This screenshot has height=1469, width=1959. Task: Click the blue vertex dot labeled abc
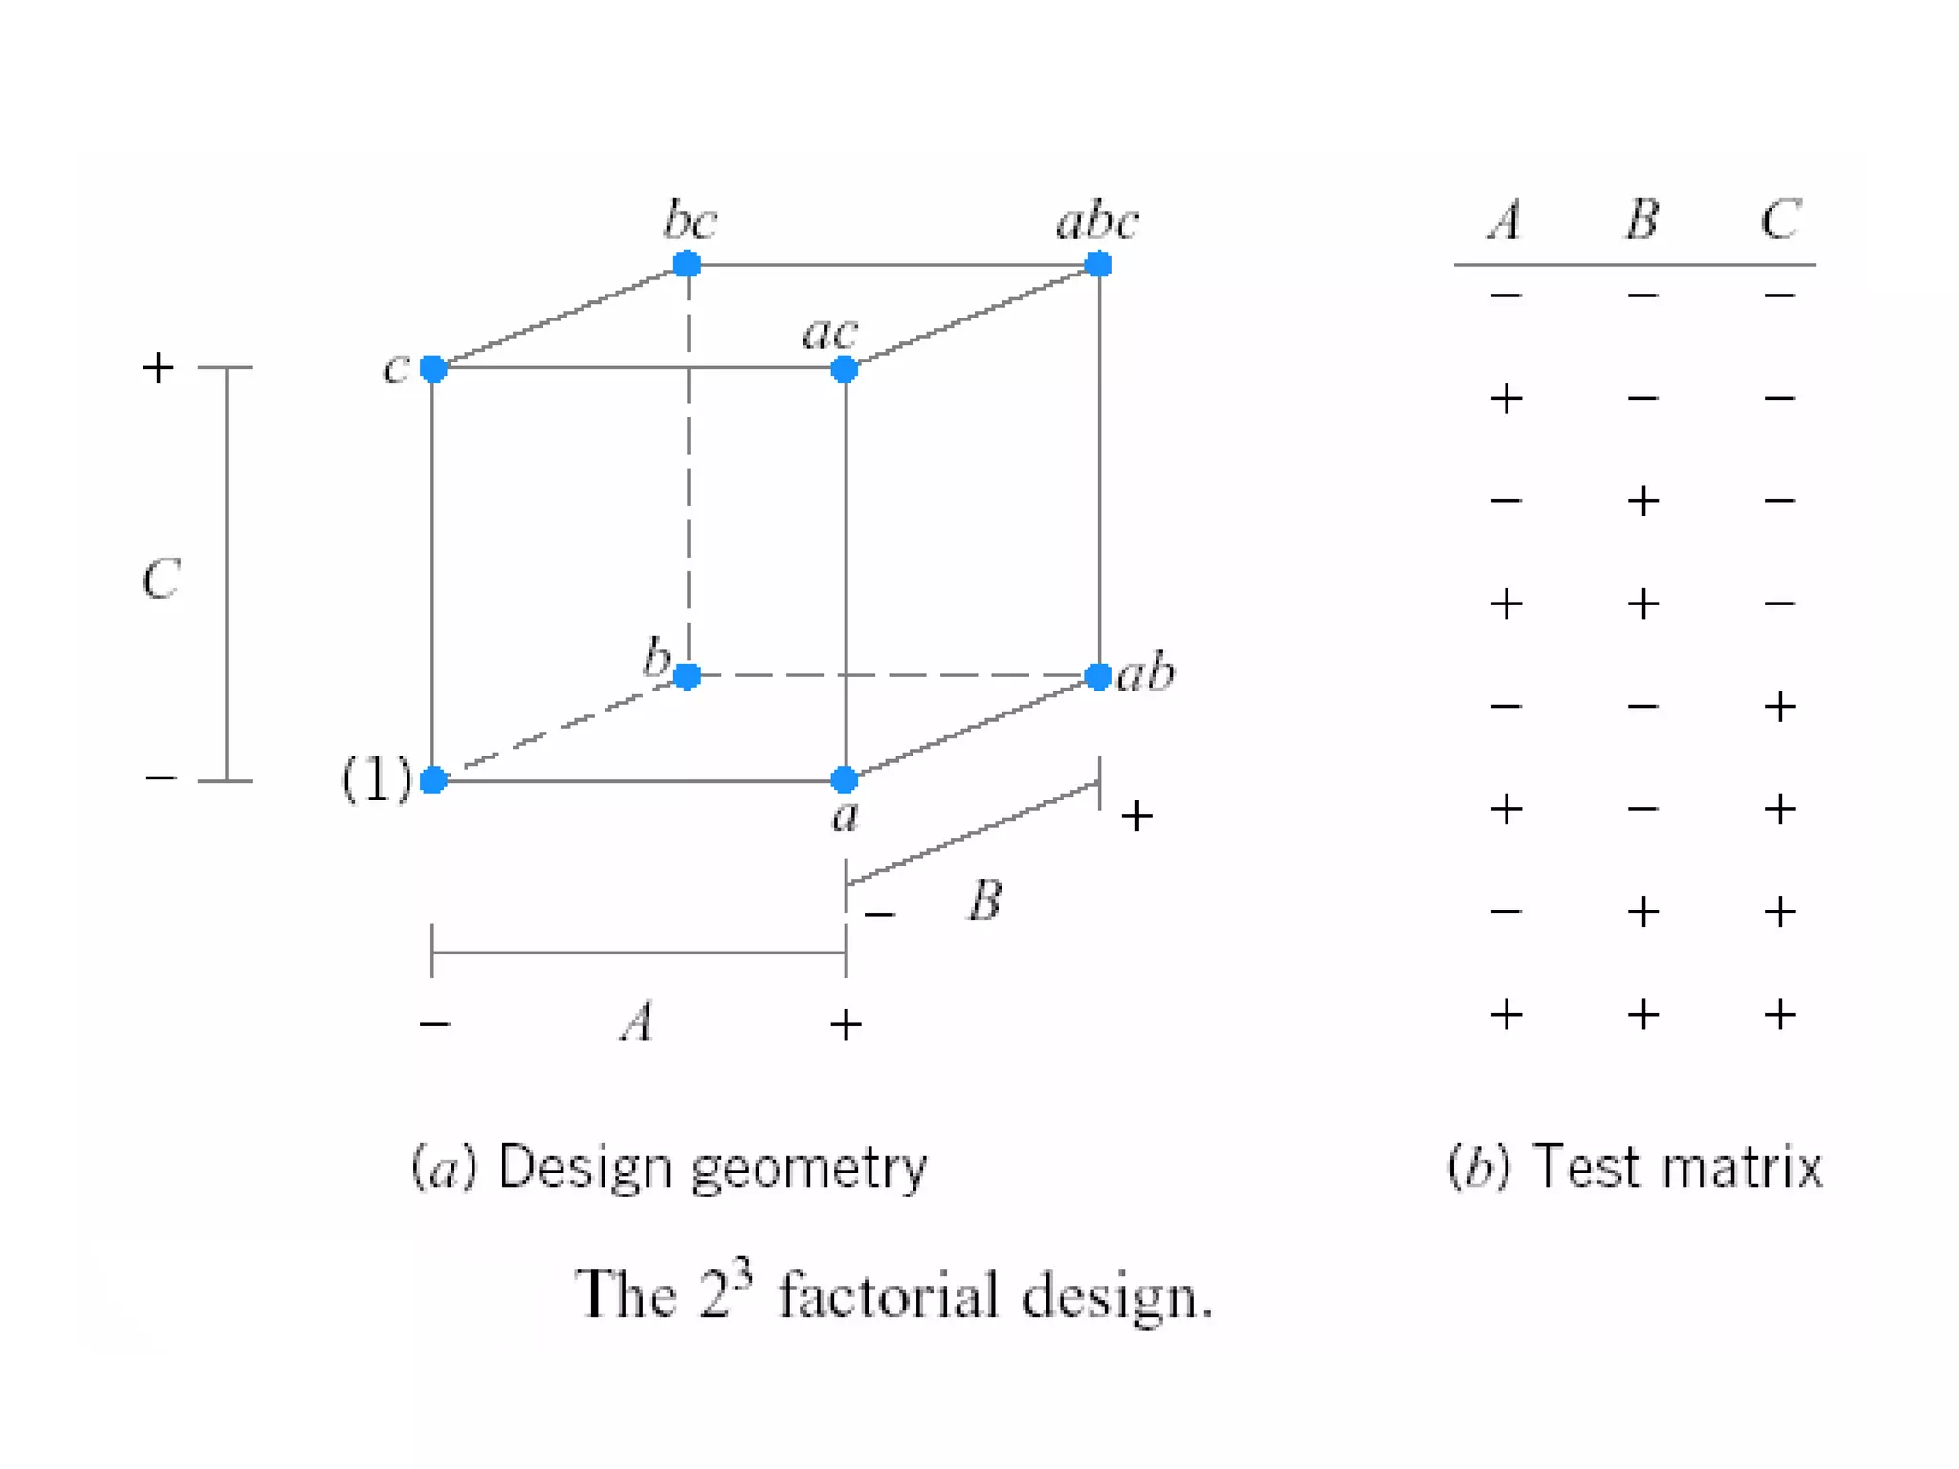coord(1098,264)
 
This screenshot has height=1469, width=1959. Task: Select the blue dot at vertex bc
coord(687,264)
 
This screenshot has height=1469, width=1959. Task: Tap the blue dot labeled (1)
coord(433,779)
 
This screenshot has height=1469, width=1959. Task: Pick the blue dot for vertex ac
coord(844,368)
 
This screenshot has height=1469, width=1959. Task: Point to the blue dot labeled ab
coord(1098,676)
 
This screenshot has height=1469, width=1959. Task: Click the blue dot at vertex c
coord(433,368)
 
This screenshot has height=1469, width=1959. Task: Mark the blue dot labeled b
coord(687,676)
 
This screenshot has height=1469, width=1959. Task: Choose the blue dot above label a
coord(844,779)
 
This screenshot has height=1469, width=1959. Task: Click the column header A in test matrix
coord(1506,220)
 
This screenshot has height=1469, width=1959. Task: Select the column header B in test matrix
coord(1642,220)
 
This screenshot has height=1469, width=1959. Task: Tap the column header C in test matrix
coord(1780,220)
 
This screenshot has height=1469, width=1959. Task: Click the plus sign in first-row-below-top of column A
coord(1506,399)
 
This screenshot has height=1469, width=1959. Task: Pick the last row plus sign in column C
coord(1780,1015)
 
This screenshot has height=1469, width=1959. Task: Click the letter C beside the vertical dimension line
coord(161,580)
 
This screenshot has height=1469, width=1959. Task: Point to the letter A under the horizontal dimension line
coord(638,1021)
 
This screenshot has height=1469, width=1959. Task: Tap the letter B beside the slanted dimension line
coord(985,901)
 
